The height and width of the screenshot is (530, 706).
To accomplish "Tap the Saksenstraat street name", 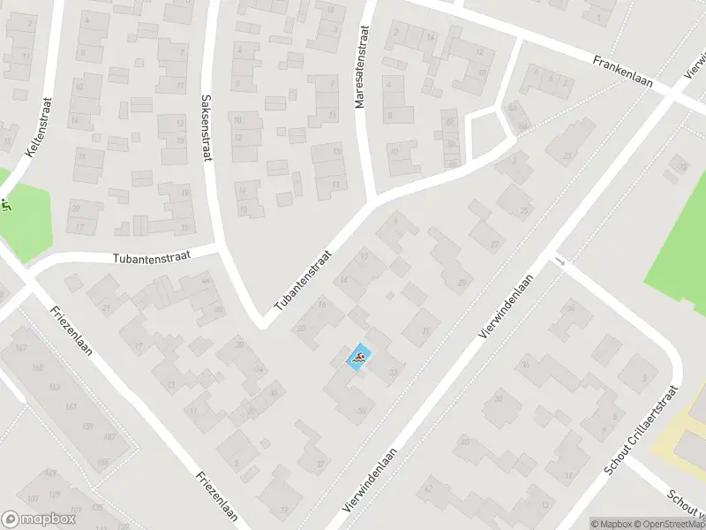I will [207, 128].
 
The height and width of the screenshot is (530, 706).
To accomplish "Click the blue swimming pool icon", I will [359, 358].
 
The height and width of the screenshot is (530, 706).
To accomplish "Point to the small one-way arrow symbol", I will [560, 261].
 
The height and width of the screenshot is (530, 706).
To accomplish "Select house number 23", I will [567, 155].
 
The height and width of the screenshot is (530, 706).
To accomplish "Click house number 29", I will [462, 283].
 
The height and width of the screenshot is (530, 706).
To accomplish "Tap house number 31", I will [427, 331].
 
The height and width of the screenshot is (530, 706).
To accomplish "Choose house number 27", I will [494, 245].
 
